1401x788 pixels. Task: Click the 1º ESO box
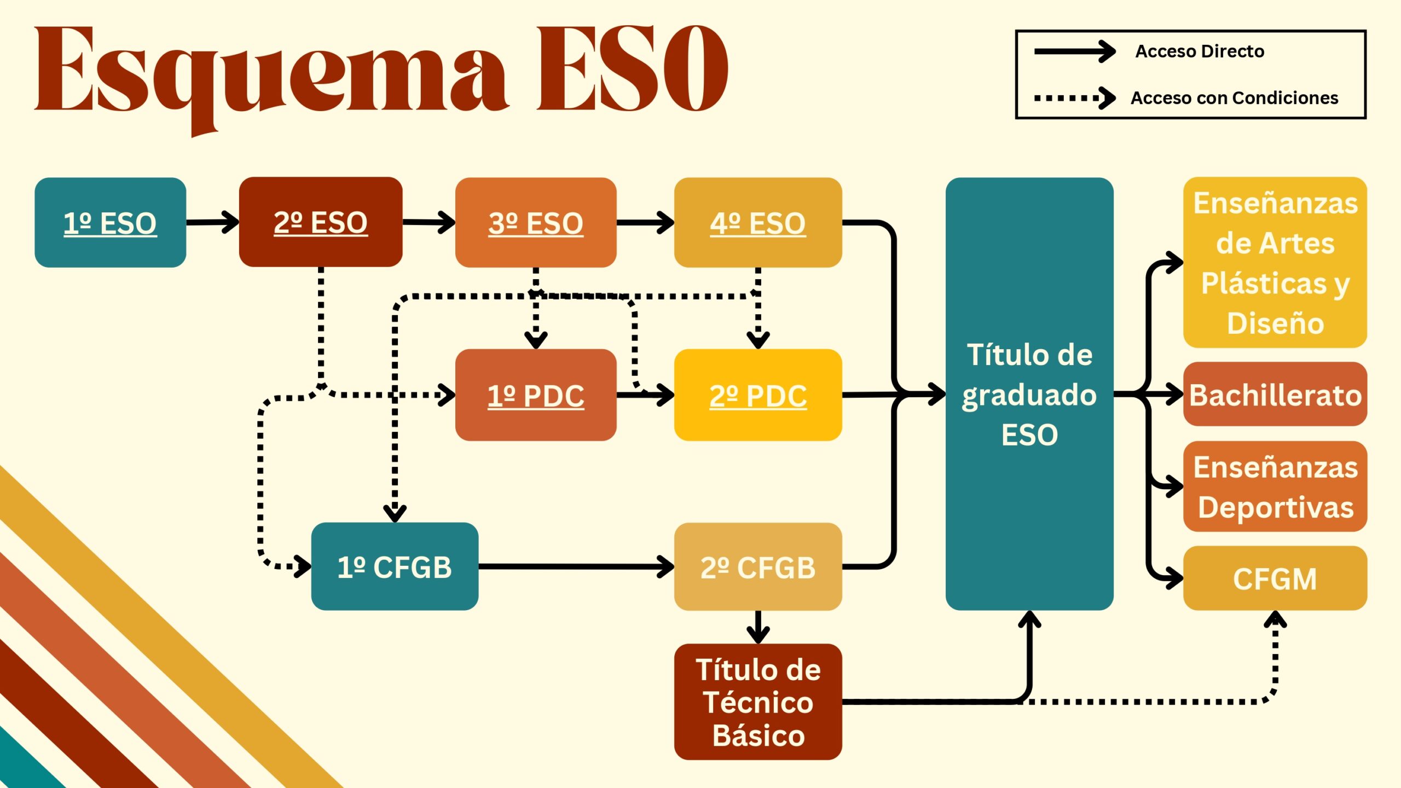coord(110,222)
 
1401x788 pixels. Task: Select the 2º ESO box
coord(321,222)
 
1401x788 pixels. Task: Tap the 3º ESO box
coord(536,222)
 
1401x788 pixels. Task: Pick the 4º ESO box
coord(758,222)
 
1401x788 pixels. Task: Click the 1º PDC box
coord(536,395)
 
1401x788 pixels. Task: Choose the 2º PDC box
coord(758,395)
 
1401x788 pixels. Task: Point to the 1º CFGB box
coord(395,566)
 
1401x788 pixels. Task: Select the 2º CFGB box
coord(758,566)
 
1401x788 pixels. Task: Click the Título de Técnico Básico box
coord(758,702)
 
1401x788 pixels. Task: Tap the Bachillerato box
coord(1275,394)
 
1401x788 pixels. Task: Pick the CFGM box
coord(1275,578)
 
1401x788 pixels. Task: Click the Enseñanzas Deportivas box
coord(1275,486)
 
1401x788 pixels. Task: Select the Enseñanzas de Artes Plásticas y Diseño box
coord(1275,262)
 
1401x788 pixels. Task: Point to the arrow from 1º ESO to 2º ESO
coord(212,222)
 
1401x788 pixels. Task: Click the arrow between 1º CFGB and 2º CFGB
coord(576,566)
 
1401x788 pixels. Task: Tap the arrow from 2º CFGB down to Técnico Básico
coord(758,627)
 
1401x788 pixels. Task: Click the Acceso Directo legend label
coord(1200,51)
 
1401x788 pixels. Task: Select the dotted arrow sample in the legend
coord(1075,99)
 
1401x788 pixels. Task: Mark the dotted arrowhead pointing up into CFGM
coord(1275,619)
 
